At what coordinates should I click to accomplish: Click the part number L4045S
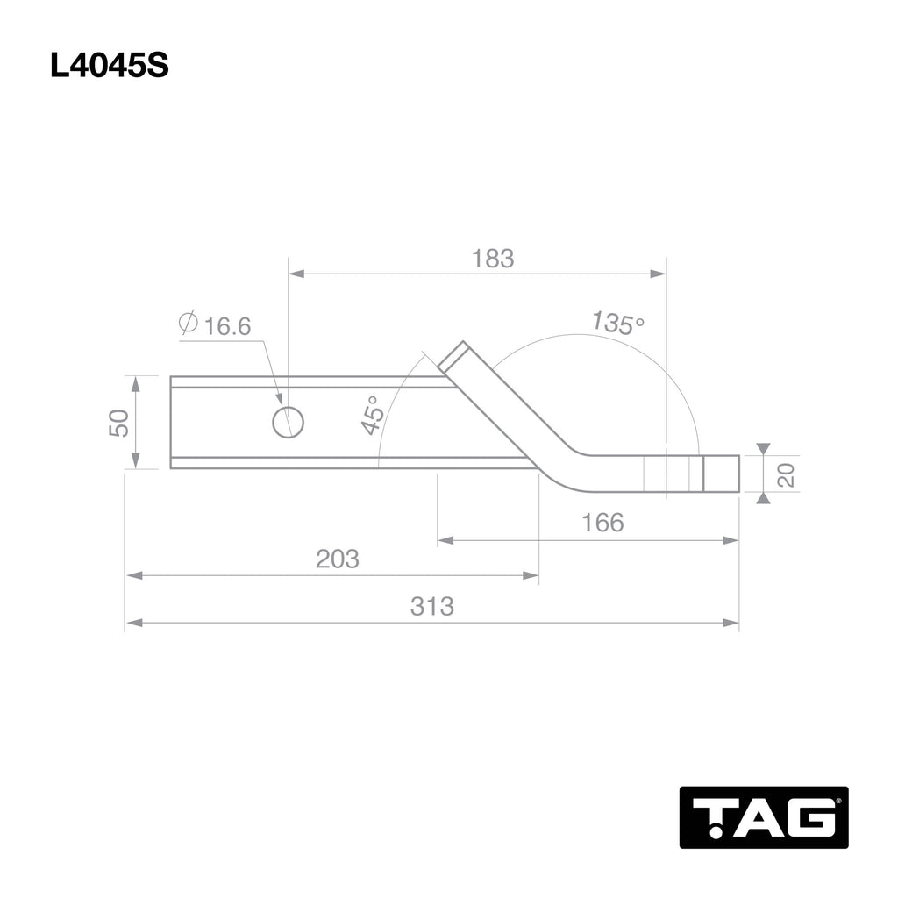109,67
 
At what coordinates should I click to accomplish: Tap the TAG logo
763,816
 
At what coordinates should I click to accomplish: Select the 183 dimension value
492,259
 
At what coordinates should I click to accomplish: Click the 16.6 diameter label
227,327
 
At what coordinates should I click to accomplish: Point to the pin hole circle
288,422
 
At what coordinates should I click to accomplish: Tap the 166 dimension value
602,523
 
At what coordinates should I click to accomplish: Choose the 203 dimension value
338,559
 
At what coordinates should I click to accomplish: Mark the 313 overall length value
432,606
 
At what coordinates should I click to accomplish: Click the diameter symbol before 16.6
187,323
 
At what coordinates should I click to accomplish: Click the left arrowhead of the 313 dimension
133,624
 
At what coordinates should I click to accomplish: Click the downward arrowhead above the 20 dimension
763,448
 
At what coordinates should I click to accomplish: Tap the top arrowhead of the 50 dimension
135,381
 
